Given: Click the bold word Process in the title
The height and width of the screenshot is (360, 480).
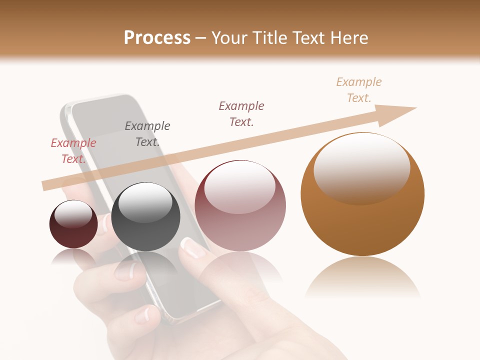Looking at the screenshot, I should pos(157,37).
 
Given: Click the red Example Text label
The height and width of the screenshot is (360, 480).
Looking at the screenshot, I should pos(73,151).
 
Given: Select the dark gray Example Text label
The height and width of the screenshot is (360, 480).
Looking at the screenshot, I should pos(147,134).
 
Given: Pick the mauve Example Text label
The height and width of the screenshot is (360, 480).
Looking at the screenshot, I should pos(241,113).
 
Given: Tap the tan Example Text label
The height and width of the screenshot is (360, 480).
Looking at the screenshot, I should pos(359,90).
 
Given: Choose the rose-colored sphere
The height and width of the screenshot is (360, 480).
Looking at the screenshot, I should pos(240,220).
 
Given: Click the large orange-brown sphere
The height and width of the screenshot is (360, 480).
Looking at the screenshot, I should pos(362,220).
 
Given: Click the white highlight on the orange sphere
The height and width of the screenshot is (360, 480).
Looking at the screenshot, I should pos(362,168).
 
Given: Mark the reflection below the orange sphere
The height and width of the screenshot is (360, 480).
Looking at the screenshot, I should pos(362,277).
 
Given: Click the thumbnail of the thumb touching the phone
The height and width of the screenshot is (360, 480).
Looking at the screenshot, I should pos(193,247).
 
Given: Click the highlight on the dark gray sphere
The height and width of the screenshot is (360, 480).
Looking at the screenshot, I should pos(145,202).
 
